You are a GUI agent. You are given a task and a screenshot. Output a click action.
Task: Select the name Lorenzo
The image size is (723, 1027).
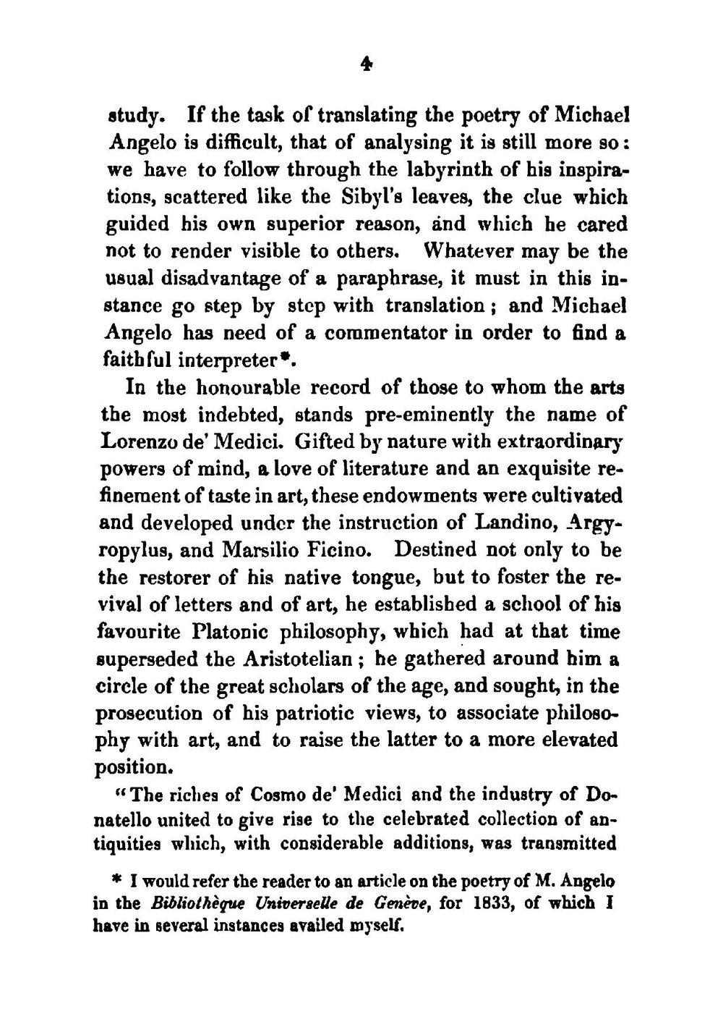pyautogui.click(x=142, y=441)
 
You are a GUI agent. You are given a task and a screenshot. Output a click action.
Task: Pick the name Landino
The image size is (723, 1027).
pyautogui.click(x=512, y=523)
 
